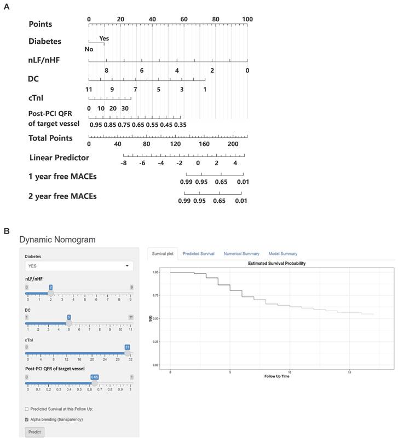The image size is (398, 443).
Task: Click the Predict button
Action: (34, 432)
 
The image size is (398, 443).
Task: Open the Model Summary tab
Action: (282, 254)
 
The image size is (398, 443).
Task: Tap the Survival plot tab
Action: (163, 254)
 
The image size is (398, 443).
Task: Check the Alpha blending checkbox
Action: (27, 419)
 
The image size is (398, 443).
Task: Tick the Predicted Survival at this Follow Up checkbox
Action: (27, 409)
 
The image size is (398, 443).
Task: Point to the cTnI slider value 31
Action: (127, 347)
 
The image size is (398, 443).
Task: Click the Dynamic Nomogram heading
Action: (57, 240)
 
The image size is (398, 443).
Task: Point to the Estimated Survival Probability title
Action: (276, 263)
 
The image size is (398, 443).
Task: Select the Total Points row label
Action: (50, 138)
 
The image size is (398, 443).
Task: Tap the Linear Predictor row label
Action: (59, 158)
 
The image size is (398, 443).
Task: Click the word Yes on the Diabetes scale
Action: (104, 39)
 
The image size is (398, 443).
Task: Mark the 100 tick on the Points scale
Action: (247, 20)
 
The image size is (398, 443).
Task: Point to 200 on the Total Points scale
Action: (233, 144)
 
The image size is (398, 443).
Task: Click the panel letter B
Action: (7, 231)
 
